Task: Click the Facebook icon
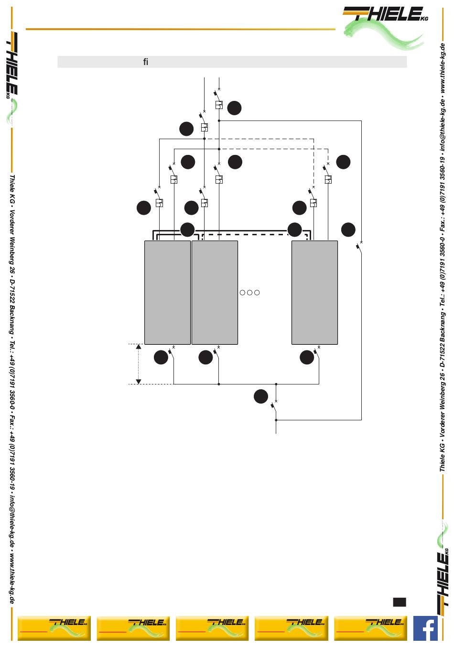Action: (x=425, y=628)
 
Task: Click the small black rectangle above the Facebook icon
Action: (x=400, y=602)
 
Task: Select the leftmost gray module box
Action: (x=167, y=292)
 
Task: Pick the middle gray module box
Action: (x=215, y=292)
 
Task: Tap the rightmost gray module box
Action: (x=314, y=292)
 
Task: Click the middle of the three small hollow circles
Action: (x=249, y=293)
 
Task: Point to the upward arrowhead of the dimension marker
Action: (x=139, y=346)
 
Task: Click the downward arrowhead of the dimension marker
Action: (x=139, y=381)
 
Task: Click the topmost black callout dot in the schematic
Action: (x=234, y=108)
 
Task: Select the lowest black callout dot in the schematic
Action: (x=261, y=396)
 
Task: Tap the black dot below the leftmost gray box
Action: (x=161, y=357)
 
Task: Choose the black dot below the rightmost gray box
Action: (x=307, y=357)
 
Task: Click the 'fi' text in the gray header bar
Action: (x=146, y=62)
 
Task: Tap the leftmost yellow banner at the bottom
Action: (x=54, y=628)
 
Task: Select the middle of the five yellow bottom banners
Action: (x=212, y=628)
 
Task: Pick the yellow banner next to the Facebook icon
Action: (x=370, y=628)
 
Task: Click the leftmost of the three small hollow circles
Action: (x=242, y=293)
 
